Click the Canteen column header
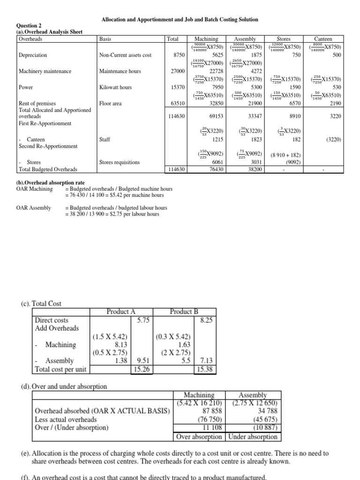pyautogui.click(x=323, y=39)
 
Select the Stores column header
pyautogui.click(x=284, y=39)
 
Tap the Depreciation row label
pyautogui.click(x=33, y=55)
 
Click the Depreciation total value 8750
pyautogui.click(x=179, y=55)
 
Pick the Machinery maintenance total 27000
pyautogui.click(x=177, y=71)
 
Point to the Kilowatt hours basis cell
pyautogui.click(x=115, y=87)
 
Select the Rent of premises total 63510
pyautogui.click(x=177, y=103)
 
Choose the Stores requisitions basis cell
pyautogui.click(x=120, y=162)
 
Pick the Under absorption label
pyautogui.click(x=253, y=436)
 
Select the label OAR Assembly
pyautogui.click(x=34, y=208)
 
